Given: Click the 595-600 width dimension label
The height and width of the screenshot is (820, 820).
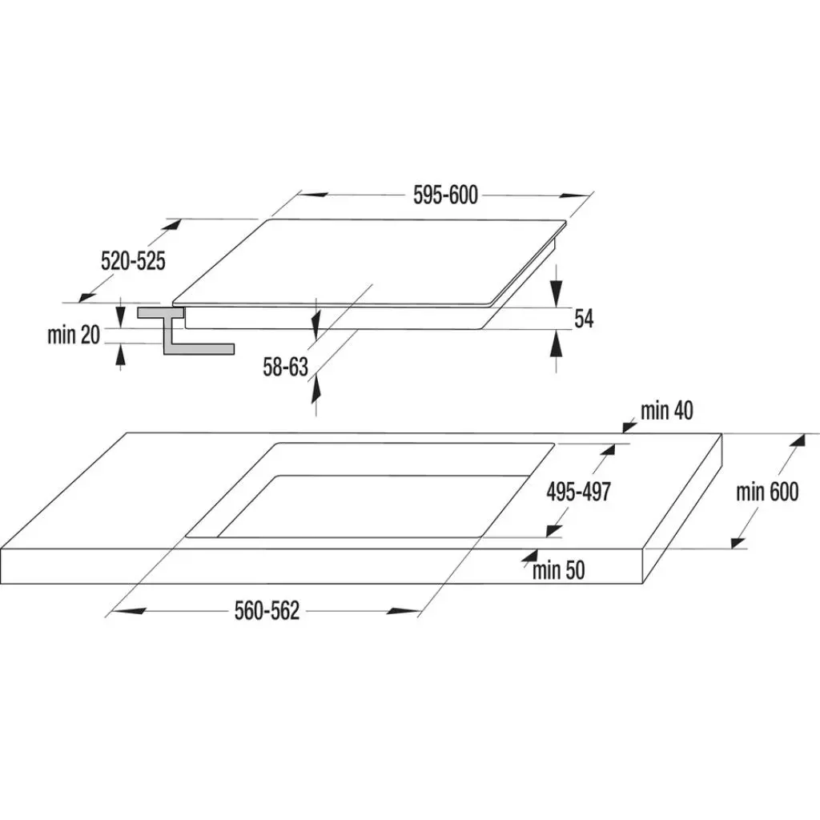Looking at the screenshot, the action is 445,195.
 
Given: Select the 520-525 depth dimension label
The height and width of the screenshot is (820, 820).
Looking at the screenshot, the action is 134,261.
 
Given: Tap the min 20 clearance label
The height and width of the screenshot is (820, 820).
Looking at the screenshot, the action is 73,335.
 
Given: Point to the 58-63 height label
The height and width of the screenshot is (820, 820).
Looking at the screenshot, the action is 286,367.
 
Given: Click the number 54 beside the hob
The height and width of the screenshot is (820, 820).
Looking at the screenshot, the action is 584,319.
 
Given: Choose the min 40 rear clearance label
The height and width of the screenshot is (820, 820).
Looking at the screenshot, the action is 667,411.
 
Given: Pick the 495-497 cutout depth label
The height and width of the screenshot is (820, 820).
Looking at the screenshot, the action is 578,492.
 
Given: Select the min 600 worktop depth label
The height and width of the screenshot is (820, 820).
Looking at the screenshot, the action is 767,492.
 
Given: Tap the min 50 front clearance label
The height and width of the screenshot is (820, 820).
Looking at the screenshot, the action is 558,570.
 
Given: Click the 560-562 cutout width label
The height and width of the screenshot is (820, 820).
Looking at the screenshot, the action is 267,611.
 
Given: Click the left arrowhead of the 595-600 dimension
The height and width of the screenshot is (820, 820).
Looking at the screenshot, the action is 312,195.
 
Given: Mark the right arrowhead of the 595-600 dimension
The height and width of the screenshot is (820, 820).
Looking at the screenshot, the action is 574,196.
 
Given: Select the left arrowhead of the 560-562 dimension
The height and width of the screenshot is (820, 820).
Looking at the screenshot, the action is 128,610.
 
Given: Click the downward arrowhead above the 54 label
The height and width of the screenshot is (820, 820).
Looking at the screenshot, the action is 557,293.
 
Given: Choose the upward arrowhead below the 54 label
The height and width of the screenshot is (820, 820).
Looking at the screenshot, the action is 557,344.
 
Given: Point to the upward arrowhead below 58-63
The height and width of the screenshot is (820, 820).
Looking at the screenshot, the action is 316,389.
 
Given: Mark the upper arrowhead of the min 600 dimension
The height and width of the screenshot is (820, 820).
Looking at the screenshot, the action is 798,440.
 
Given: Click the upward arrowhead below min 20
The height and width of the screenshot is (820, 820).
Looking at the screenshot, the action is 121,356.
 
